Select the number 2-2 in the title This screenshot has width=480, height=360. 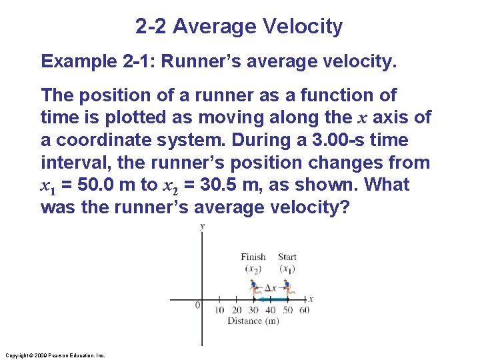pos(153,27)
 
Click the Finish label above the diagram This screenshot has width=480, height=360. pos(253,257)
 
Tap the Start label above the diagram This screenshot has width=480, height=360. pos(287,257)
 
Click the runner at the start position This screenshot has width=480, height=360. pos(287,289)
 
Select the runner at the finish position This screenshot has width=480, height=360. pos(254,289)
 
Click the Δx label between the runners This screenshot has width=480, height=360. pos(271,288)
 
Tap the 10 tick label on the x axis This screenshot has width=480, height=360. pos(219,310)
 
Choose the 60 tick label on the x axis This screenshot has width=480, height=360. pos(305,310)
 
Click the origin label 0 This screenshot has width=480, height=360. pos(197,305)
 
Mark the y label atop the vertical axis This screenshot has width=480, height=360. pos(202,227)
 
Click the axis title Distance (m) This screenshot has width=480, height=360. pos(253,321)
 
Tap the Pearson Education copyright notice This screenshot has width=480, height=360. pos(55,355)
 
